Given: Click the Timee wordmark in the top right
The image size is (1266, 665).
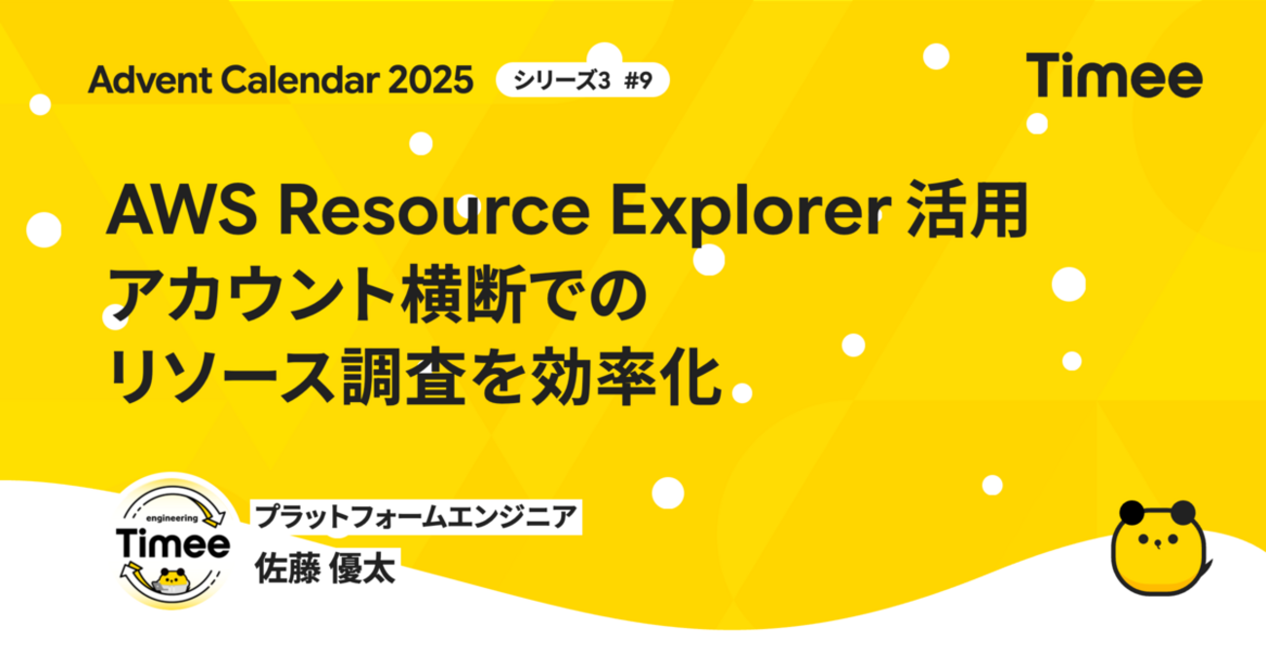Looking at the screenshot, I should [1113, 75].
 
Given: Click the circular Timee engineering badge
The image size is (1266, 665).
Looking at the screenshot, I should [173, 543].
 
